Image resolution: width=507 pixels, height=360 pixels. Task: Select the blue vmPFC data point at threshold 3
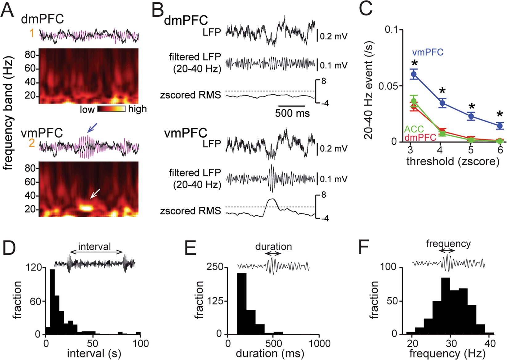[414, 74]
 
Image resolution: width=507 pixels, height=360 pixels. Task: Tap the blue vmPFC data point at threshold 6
[500, 126]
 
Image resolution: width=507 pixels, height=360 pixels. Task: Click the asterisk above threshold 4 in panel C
[443, 91]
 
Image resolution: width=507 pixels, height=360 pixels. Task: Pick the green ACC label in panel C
[414, 129]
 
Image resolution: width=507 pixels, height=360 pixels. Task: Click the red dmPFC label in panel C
[420, 138]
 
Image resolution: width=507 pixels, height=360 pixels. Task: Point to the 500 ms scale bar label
[292, 113]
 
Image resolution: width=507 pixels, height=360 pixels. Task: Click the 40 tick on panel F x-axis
[489, 343]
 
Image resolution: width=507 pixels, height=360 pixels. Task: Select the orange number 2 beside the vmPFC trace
[32, 143]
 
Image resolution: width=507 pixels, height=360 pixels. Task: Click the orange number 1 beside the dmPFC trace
[31, 33]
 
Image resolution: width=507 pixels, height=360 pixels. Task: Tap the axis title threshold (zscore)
[453, 161]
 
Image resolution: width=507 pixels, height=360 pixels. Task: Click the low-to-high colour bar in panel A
[111, 109]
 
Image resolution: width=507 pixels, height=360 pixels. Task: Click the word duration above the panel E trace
[273, 246]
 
